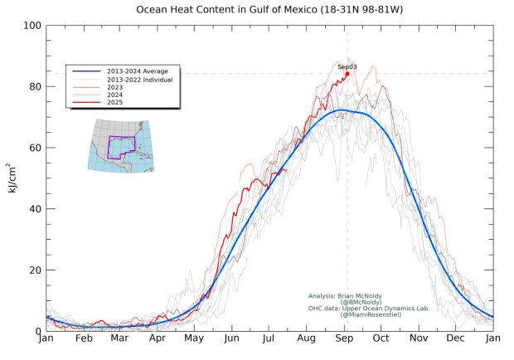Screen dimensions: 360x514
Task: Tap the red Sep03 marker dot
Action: [x=347, y=73]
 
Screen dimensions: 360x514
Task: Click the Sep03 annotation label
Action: [x=347, y=66]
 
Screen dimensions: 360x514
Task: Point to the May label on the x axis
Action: [x=194, y=339]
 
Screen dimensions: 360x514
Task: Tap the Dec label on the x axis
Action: [x=455, y=339]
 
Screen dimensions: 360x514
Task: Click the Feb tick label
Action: [x=84, y=339]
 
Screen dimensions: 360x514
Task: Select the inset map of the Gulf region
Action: [x=121, y=146]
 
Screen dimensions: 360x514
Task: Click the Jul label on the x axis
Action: [x=269, y=339]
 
